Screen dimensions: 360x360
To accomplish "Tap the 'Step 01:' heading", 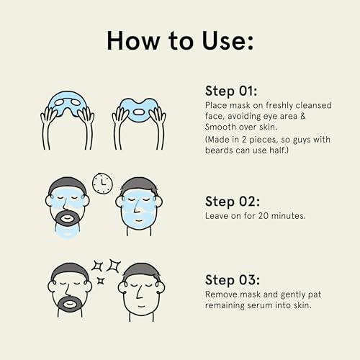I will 230,91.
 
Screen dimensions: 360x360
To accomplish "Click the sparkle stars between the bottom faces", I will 104,270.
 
